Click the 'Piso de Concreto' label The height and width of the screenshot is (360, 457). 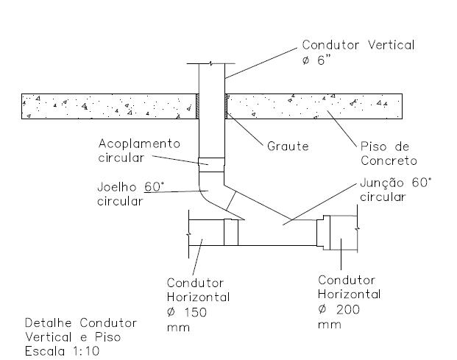click(388, 153)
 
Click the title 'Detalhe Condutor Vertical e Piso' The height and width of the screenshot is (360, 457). click(81, 330)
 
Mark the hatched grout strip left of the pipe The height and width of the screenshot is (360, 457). click(198, 106)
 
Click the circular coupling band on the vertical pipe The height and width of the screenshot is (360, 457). click(212, 164)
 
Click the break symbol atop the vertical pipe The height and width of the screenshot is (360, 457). click(212, 65)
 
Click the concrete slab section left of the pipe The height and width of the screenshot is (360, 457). click(110, 106)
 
